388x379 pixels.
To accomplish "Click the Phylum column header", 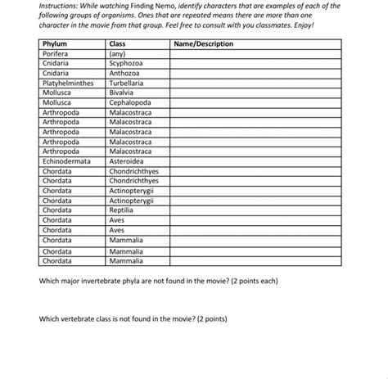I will click(55, 43).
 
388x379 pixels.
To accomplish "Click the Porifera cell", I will click(56, 53).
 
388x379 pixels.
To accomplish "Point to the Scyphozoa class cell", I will click(129, 63).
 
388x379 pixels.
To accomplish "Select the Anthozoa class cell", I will click(127, 73).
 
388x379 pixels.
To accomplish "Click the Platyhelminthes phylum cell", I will click(69, 83).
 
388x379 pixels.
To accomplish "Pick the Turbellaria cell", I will click(129, 83).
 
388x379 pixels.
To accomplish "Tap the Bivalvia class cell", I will click(124, 92).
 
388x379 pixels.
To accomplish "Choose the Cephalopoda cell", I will click(132, 103).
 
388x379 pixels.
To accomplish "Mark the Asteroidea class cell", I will click(129, 162).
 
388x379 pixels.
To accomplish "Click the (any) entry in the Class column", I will click(118, 53).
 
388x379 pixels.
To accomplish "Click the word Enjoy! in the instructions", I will click(300, 25).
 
